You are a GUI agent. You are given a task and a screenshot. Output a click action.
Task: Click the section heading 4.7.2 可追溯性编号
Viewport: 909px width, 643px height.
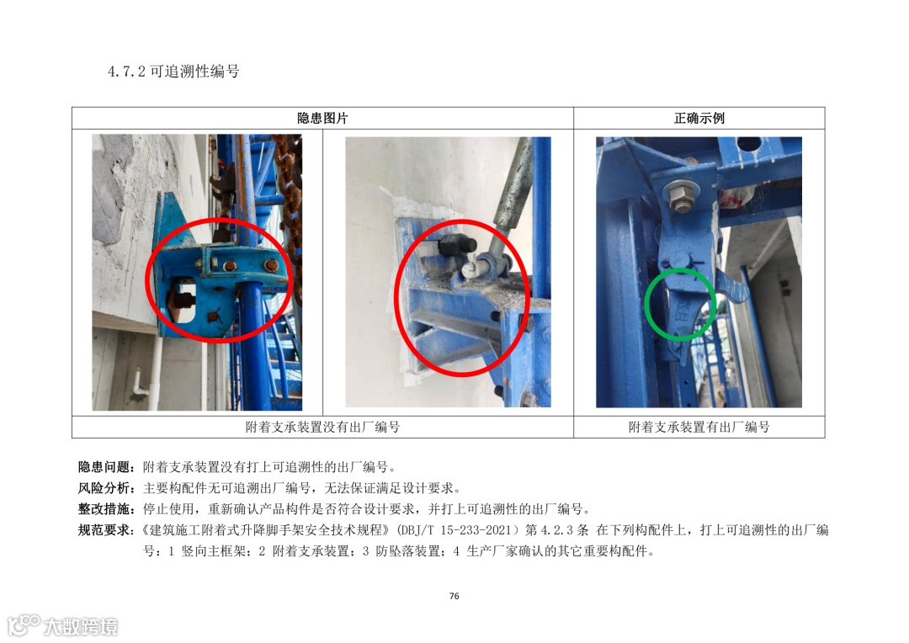coord(173,72)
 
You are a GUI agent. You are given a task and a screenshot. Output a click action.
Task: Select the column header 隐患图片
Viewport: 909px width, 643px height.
coord(322,119)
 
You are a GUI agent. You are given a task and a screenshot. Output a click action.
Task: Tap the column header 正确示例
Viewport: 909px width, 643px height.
coord(699,119)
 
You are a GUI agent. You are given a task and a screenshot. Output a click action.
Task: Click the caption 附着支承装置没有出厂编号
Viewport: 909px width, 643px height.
coord(322,428)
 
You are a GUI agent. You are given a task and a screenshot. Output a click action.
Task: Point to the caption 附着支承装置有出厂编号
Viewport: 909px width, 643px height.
coord(699,428)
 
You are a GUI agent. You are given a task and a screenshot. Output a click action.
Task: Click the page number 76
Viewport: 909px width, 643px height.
coord(454,596)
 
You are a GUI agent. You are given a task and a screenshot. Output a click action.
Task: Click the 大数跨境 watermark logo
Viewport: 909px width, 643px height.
coord(62,625)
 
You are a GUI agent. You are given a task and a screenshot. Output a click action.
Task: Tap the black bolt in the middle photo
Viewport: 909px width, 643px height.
coord(457,246)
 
